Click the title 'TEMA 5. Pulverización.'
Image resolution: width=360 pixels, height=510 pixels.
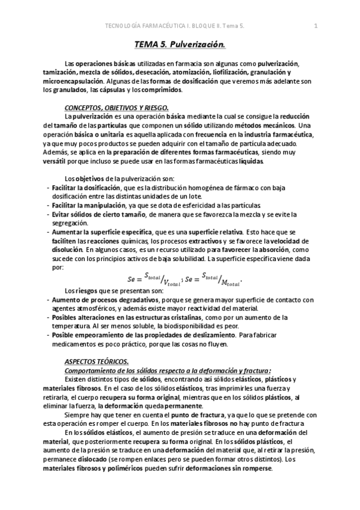tap(180, 45)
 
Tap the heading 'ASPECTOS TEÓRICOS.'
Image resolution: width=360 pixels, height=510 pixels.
tap(97, 361)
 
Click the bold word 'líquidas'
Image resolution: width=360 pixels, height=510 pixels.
tap(251, 162)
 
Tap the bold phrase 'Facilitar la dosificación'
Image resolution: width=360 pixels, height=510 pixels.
tap(86, 188)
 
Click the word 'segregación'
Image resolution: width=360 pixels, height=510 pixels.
tap(71, 223)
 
